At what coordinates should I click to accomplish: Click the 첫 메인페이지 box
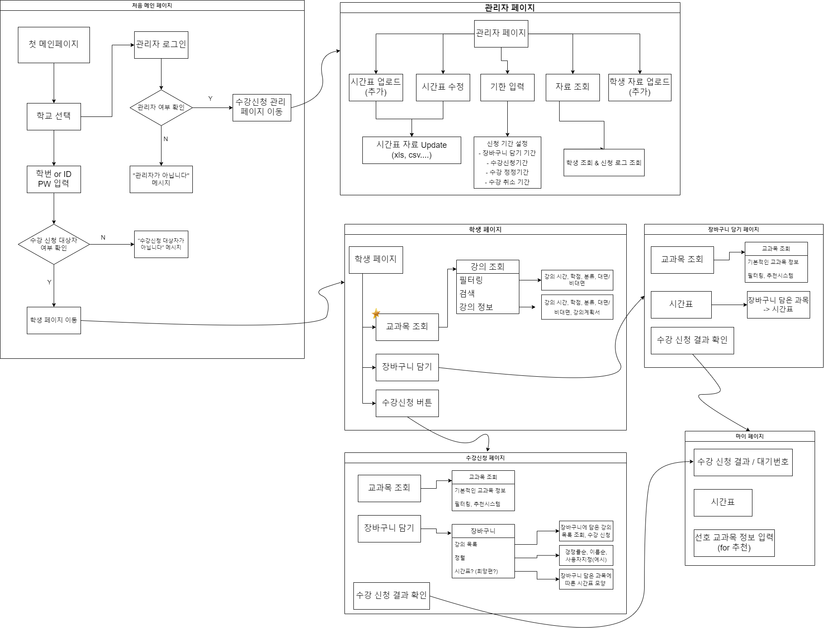54,45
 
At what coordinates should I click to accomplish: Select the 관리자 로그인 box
161,45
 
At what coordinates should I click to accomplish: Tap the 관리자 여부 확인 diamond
161,108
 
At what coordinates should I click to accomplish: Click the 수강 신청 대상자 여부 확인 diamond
54,244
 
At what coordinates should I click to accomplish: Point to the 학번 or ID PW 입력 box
54,179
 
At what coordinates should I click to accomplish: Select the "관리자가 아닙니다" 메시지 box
161,179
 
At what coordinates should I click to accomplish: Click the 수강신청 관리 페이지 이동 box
262,108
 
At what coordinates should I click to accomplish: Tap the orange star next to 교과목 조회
376,313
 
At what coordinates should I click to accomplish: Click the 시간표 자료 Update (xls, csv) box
412,150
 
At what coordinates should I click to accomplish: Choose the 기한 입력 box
507,87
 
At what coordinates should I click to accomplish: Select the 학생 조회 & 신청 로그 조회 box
604,163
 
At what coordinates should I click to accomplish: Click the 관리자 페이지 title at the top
510,8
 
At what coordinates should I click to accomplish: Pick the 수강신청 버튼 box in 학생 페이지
407,403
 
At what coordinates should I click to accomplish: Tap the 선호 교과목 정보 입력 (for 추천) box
734,543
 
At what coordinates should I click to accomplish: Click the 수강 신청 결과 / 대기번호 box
743,462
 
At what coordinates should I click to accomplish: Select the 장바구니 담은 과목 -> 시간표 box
778,305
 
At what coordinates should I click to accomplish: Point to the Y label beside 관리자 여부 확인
210,99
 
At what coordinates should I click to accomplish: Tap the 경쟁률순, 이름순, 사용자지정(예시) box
586,555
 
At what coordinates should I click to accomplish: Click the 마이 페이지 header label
749,436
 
